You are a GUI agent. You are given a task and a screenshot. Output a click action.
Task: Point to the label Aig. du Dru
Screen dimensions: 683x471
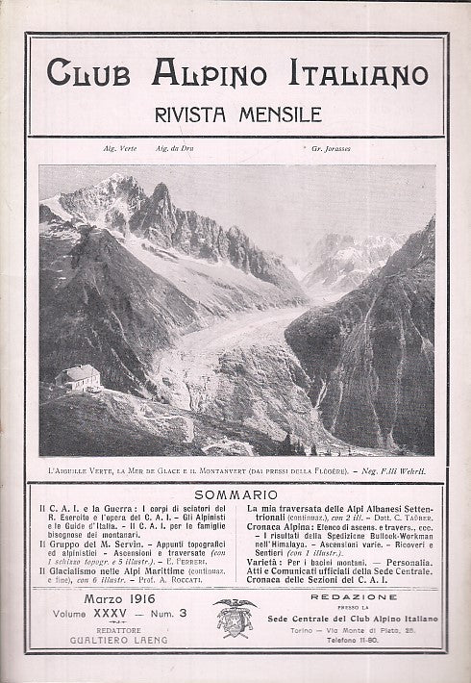coord(177,151)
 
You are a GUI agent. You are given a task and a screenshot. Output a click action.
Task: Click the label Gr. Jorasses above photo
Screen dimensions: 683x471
coord(330,151)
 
